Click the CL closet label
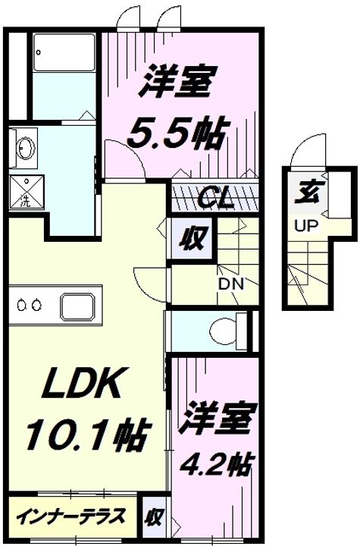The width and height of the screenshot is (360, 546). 214,199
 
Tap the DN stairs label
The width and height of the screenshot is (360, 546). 231,285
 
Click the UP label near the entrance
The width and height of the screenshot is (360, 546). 306,226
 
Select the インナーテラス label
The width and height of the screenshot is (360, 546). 71,516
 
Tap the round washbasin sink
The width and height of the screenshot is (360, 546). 26,148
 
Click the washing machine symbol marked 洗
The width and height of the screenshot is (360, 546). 27,192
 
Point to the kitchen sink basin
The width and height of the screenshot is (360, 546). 77,306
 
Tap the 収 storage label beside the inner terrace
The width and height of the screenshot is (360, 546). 154,517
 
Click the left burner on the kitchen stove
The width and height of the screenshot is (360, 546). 21,306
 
